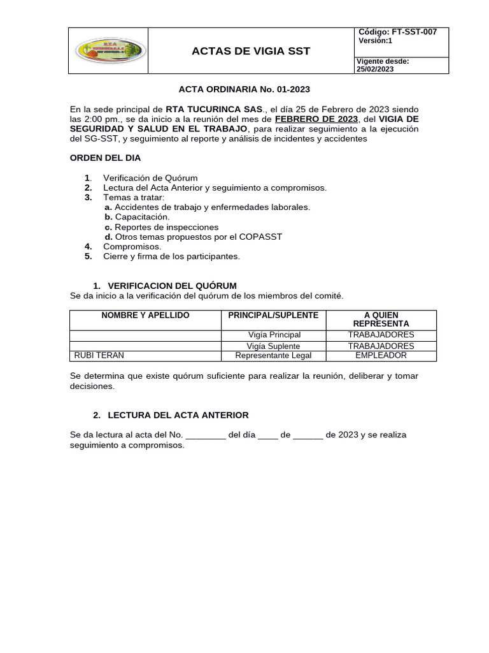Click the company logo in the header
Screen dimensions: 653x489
click(x=109, y=51)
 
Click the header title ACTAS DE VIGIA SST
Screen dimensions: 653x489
click(x=251, y=51)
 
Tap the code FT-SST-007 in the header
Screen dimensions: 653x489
click(x=415, y=32)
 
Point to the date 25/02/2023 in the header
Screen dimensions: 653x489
click(x=375, y=70)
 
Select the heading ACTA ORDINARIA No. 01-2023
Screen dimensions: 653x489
click(x=244, y=90)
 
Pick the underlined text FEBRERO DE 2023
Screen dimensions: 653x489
click(x=316, y=119)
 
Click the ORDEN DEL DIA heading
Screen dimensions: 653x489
click(x=105, y=158)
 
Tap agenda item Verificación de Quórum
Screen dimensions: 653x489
click(x=150, y=178)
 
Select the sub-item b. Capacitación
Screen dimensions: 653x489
click(x=137, y=217)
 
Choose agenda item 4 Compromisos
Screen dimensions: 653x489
click(x=132, y=246)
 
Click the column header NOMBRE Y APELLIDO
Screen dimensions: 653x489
click(x=145, y=316)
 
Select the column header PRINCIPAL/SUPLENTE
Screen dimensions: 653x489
click(x=273, y=316)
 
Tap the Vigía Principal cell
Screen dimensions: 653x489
click(x=274, y=335)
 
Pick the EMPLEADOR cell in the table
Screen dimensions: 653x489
click(x=381, y=355)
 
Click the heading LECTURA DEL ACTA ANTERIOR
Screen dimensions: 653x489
click(x=178, y=415)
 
